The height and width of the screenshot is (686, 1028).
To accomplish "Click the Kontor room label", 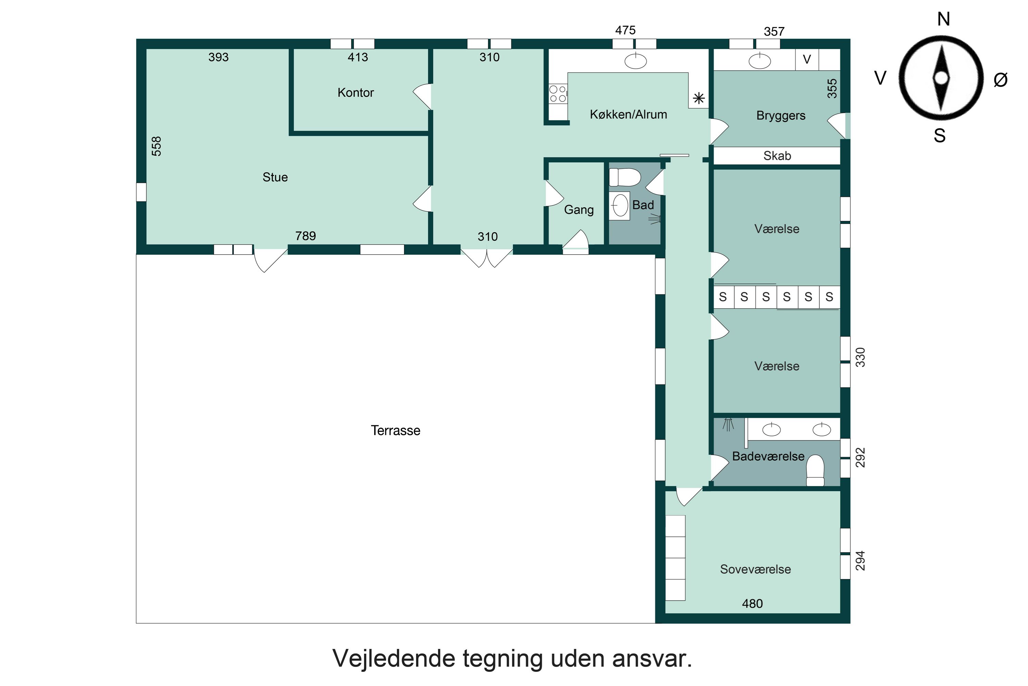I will (355, 93).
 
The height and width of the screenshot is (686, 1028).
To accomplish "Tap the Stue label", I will (275, 177).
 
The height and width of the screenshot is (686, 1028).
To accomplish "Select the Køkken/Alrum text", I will (628, 115).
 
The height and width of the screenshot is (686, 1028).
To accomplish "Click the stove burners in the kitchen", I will (558, 94).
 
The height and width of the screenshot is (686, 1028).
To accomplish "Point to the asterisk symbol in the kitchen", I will (698, 98).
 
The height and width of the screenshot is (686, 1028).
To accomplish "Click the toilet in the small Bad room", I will (625, 177).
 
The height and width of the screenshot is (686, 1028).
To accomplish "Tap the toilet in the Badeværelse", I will (815, 470).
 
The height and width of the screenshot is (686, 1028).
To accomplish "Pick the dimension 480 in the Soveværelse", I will (752, 604).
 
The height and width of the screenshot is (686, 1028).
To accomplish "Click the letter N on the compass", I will (944, 19).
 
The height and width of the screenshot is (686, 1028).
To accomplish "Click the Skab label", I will (777, 156).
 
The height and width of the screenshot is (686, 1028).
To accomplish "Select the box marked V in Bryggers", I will (807, 59).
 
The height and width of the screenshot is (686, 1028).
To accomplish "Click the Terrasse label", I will (395, 430).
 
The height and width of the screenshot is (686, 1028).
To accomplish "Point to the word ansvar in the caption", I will (652, 659).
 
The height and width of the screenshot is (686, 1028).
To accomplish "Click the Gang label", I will (578, 210).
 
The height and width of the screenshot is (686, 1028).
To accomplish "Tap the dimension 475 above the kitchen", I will (625, 30).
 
